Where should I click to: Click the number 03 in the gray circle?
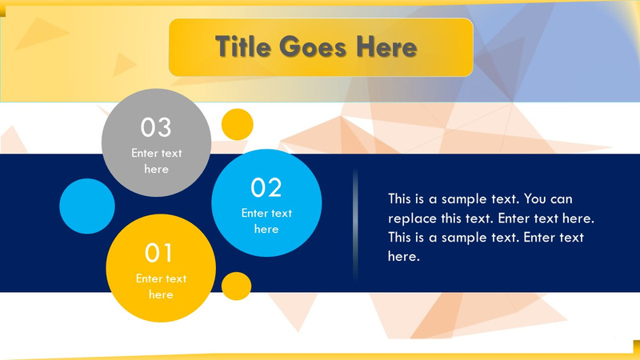(x=156, y=126)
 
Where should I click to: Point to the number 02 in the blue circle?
(x=266, y=187)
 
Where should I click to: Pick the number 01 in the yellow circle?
(x=159, y=254)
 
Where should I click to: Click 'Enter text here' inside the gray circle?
(x=157, y=161)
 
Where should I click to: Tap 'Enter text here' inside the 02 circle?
(x=266, y=221)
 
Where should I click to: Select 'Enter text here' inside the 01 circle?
(x=160, y=286)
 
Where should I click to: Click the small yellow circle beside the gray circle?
(x=237, y=124)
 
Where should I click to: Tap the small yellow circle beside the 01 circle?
(x=236, y=286)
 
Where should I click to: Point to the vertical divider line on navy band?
(x=355, y=225)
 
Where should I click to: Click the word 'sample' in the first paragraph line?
(x=459, y=198)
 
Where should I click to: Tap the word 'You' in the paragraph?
(x=547, y=198)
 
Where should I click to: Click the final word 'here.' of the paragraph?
(x=404, y=257)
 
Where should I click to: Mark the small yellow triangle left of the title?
(x=123, y=64)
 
